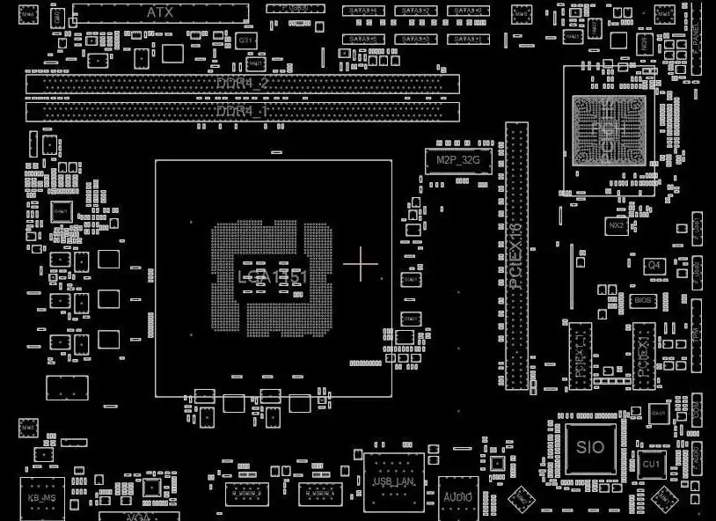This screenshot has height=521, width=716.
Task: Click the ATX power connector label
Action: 159,12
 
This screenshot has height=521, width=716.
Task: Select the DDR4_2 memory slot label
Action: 242,83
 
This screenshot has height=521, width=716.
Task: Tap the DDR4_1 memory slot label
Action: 242,111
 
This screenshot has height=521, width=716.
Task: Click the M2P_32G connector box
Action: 458,159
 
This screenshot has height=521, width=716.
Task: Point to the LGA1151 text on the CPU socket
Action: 273,277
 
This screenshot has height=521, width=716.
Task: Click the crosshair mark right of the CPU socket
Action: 361,264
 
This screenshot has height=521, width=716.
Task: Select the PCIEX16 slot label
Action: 516,255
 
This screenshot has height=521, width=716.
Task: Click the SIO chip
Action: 590,447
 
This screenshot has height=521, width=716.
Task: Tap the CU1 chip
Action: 651,464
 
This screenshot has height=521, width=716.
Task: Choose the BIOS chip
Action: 644,300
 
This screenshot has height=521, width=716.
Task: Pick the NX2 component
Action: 617,226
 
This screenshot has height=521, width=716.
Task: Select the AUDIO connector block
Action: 457,496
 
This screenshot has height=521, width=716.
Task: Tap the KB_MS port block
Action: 43,499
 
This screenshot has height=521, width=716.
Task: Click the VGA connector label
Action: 138,516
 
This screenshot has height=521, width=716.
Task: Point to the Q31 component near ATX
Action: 246,40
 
